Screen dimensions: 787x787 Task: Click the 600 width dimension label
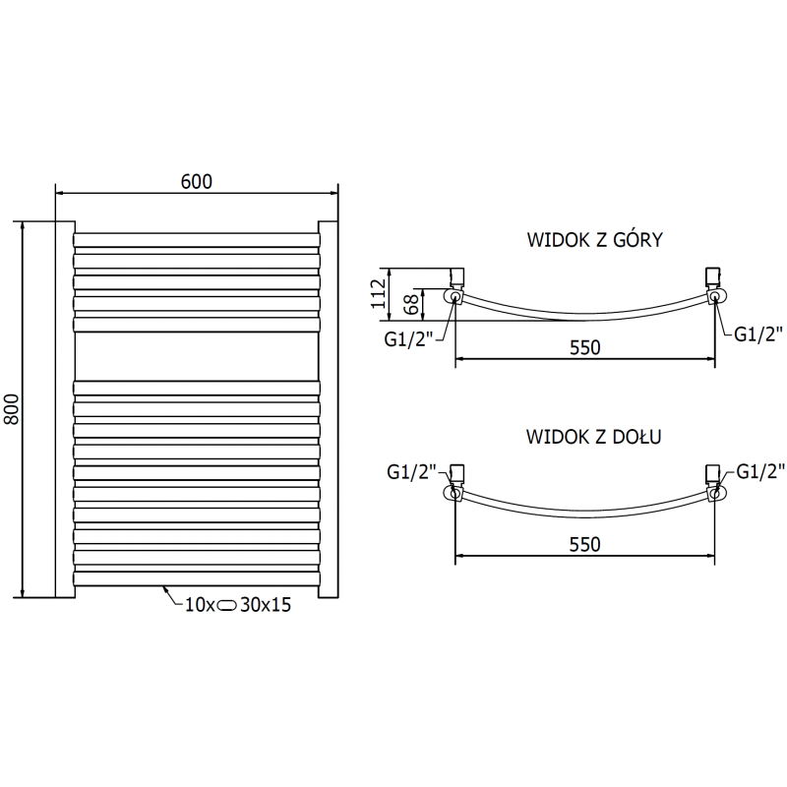[x=197, y=181]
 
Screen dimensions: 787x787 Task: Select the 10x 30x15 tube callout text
[x=237, y=605]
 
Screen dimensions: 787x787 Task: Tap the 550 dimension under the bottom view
[x=584, y=544]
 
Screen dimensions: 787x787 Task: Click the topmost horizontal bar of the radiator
[x=197, y=239]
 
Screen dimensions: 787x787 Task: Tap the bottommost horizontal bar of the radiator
[x=197, y=580]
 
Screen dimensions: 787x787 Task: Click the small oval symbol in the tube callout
[x=227, y=605]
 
